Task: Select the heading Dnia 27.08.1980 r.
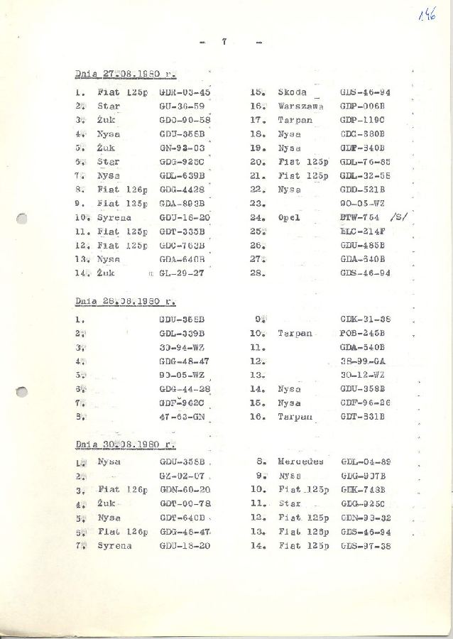(126, 74)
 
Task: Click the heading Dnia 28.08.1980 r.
(125, 300)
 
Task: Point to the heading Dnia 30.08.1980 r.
(126, 444)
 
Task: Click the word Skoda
(293, 92)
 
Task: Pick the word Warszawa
(301, 106)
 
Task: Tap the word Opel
(289, 218)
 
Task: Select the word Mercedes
(300, 461)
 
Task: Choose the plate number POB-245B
(363, 333)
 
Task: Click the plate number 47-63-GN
(182, 417)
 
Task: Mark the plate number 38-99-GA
(363, 361)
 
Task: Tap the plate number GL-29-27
(182, 273)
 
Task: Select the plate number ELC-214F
(363, 231)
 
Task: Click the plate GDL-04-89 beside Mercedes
(365, 461)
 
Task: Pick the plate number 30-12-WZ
(363, 375)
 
